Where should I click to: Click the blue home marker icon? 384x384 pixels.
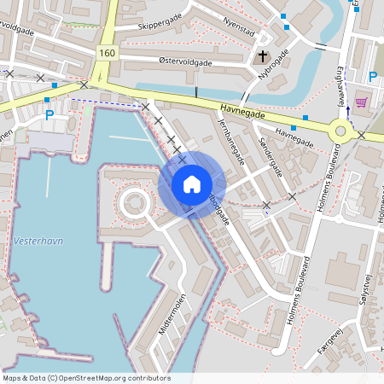[192, 184]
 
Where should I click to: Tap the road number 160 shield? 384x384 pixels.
[106, 53]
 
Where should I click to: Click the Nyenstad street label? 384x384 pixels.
[238, 32]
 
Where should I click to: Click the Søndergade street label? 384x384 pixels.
[270, 154]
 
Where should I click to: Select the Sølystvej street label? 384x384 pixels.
[368, 282]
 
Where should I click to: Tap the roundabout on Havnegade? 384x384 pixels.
[342, 131]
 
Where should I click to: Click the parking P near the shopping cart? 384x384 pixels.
[372, 78]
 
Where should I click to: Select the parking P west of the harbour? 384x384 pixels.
[49, 114]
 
